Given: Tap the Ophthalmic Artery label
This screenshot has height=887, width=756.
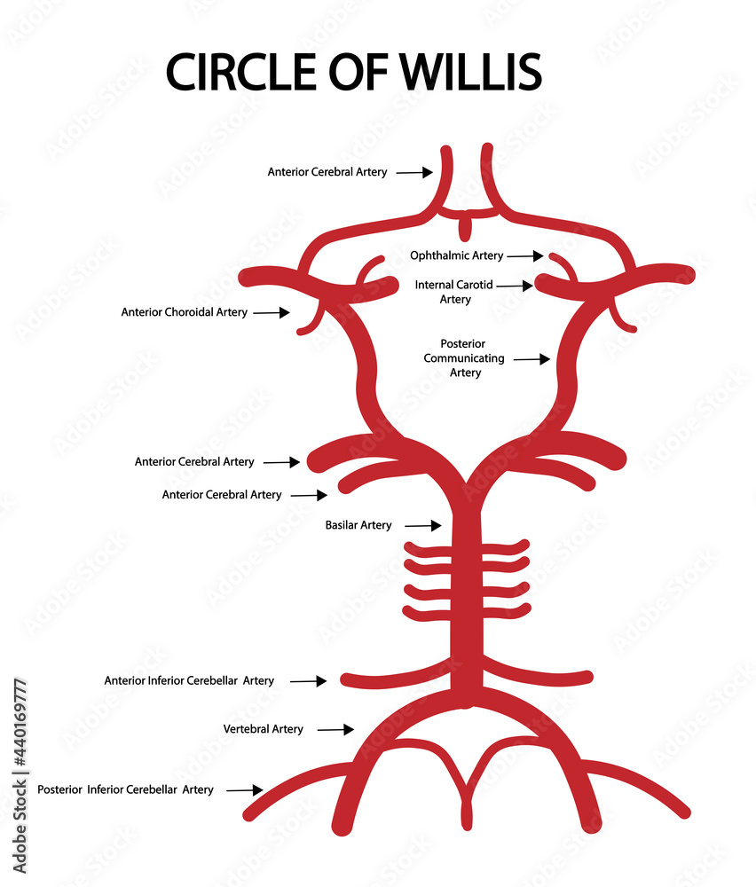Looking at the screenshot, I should pyautogui.click(x=456, y=255).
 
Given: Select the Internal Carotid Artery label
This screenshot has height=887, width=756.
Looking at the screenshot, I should pyautogui.click(x=454, y=292).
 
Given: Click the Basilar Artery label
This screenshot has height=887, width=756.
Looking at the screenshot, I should pyautogui.click(x=358, y=525).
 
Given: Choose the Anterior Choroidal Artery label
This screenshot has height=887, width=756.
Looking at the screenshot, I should pyautogui.click(x=185, y=312).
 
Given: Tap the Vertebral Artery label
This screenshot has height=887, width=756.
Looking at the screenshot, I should pyautogui.click(x=263, y=729).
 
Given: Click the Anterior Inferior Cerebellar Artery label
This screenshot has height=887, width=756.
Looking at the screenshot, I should pyautogui.click(x=189, y=681).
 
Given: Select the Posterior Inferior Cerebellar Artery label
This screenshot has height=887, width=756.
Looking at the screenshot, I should pyautogui.click(x=125, y=789).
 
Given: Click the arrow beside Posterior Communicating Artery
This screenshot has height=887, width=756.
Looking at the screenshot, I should pyautogui.click(x=532, y=359).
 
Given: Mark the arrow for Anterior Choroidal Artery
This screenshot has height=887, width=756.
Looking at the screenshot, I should pyautogui.click(x=272, y=312).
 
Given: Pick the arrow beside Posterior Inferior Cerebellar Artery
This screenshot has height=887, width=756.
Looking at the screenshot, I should pyautogui.click(x=245, y=789).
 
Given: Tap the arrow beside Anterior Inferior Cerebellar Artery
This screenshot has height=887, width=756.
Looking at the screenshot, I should pyautogui.click(x=309, y=681).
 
